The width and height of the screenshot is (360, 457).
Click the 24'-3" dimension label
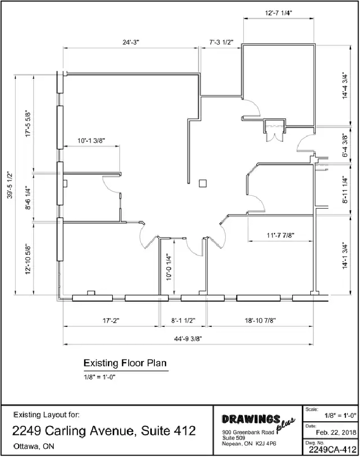click(131, 42)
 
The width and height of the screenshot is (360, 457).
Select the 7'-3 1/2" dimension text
click(221, 42)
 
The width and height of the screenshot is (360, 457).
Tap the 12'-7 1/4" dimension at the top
click(279, 13)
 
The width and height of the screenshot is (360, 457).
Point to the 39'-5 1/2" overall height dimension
click(10, 185)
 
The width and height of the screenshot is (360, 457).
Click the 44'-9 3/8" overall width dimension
click(188, 339)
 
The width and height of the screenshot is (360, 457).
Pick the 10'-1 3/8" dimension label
click(91, 141)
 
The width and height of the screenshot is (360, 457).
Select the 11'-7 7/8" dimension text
click(281, 235)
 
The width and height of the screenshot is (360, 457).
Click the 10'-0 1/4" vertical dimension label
click(169, 268)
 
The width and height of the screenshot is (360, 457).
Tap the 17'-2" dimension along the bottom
click(111, 321)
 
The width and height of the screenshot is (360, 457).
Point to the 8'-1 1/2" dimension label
click(183, 321)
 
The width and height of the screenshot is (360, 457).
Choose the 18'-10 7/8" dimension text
click(260, 321)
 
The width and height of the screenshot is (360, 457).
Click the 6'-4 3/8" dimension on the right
click(345, 145)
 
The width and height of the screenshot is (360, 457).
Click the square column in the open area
click(203, 184)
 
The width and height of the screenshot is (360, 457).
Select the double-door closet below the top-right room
click(275, 130)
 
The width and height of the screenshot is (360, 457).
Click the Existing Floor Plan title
click(125, 363)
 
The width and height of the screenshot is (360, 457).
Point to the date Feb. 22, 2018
click(336, 432)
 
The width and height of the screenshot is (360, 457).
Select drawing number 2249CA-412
click(333, 449)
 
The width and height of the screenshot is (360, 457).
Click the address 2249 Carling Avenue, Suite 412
click(104, 431)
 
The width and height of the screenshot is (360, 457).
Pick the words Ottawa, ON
click(34, 446)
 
